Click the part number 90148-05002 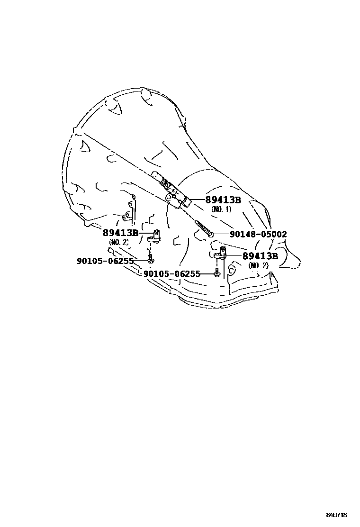click(258, 234)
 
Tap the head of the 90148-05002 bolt click(211, 234)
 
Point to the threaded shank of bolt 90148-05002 click(201, 226)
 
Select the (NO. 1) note click(221, 209)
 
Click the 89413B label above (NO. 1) click(223, 200)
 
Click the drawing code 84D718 click(336, 515)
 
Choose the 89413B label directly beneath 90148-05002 click(260, 256)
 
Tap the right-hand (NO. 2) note click(258, 265)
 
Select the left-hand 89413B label click(120, 233)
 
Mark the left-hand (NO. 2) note click(118, 242)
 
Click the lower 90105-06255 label click(171, 274)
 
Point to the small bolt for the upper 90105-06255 click(151, 260)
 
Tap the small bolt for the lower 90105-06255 click(216, 273)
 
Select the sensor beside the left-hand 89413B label click(154, 236)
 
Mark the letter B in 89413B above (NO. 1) click(237, 200)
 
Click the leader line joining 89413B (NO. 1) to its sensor click(198, 200)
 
